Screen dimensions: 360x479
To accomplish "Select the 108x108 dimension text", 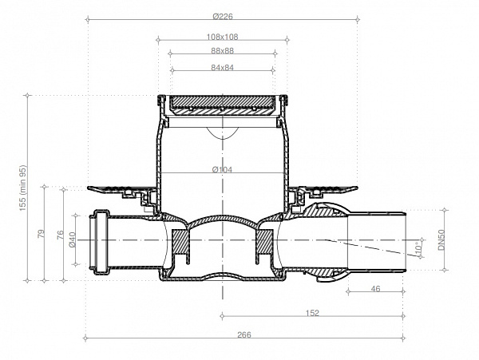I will coord(222,37).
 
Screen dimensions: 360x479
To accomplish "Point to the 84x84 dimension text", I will coord(222,68).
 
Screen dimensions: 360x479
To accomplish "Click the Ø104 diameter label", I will coord(221,169).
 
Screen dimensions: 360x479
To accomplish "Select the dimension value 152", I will coord(313,313).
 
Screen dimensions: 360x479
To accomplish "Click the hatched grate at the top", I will coord(222,101).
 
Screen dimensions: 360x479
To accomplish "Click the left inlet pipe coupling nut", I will coord(101,239).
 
